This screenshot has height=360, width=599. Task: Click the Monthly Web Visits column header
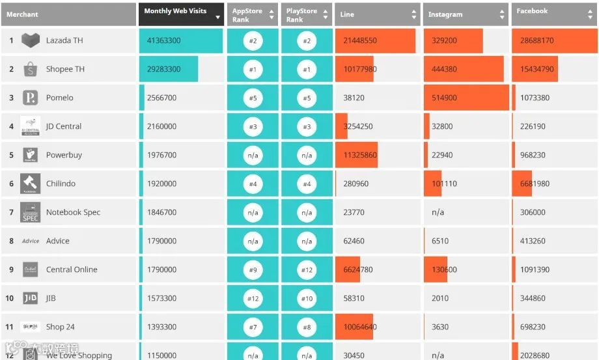tap(175, 12)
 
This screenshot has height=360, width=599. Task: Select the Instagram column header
tap(445, 14)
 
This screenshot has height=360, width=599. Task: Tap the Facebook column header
tap(532, 12)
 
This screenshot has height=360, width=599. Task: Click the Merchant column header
tap(23, 14)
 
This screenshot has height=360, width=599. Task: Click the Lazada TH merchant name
tap(64, 40)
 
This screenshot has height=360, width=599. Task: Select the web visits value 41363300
tap(164, 40)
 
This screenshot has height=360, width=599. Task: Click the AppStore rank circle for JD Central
tap(253, 126)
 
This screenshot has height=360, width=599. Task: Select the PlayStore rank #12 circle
tap(307, 270)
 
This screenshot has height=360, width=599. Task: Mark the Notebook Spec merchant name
tap(73, 212)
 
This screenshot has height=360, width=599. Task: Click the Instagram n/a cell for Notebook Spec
tap(438, 212)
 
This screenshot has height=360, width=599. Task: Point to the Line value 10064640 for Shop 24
tap(360, 327)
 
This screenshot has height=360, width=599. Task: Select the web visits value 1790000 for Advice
tap(161, 241)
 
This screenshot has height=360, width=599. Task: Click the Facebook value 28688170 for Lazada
tap(537, 40)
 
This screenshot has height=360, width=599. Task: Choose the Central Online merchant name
tap(72, 270)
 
